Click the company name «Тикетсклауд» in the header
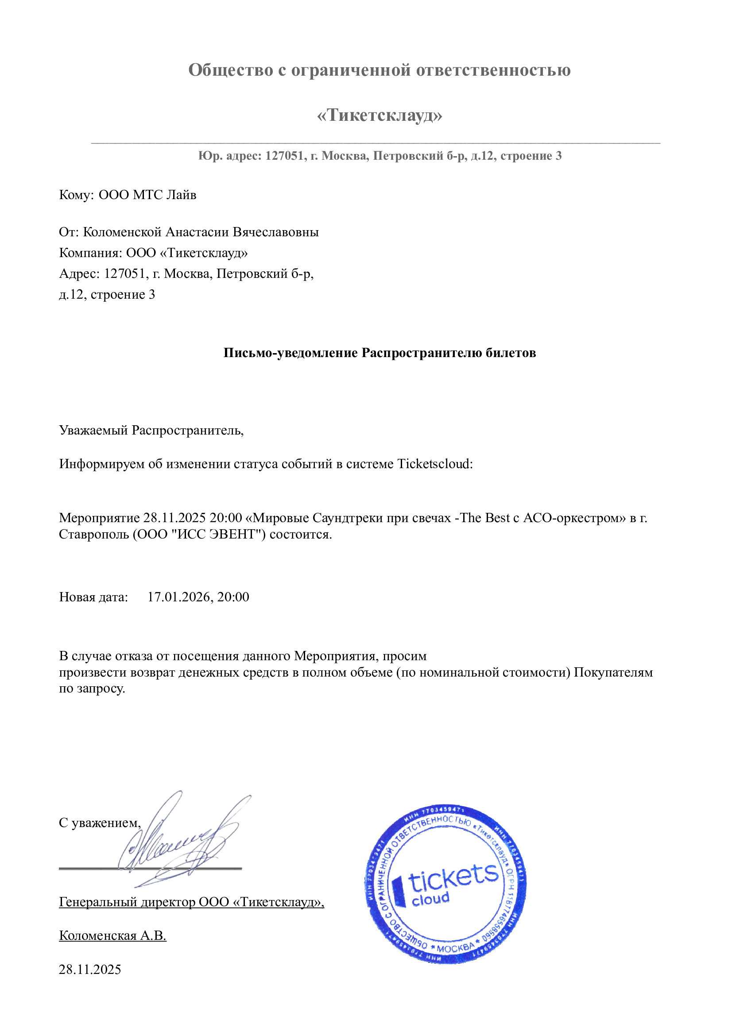pyautogui.click(x=380, y=115)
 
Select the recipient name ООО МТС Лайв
pyautogui.click(x=147, y=195)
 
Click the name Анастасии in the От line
pyautogui.click(x=197, y=232)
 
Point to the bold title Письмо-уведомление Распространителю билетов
pyautogui.click(x=380, y=353)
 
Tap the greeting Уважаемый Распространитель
pyautogui.click(x=151, y=431)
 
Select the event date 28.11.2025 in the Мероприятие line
pyautogui.click(x=174, y=518)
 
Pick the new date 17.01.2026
pyautogui.click(x=179, y=597)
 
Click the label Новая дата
pyautogui.click(x=93, y=597)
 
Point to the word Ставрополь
pyautogui.click(x=94, y=535)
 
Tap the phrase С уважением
pyautogui.click(x=100, y=823)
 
